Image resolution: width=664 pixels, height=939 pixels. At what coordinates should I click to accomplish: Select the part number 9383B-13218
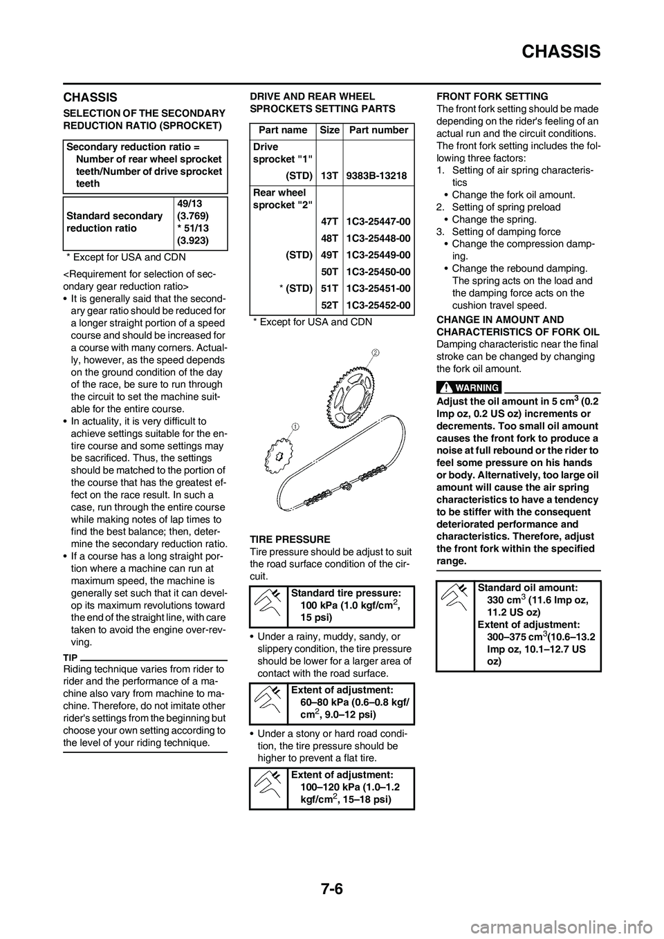coord(377,176)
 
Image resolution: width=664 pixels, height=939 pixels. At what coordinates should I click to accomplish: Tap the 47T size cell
coord(329,221)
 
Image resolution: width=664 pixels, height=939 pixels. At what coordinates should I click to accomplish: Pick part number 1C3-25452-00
coord(378,305)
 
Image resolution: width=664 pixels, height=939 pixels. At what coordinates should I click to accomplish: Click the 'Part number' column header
coord(378,130)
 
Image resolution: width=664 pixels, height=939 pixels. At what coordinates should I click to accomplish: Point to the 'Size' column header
coord(330,130)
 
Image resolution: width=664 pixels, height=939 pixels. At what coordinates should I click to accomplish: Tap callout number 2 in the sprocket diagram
coord(375,353)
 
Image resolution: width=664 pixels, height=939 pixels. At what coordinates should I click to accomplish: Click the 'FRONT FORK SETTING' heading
coord(492,96)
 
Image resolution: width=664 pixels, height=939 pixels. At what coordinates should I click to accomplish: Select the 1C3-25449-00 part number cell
coord(378,255)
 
